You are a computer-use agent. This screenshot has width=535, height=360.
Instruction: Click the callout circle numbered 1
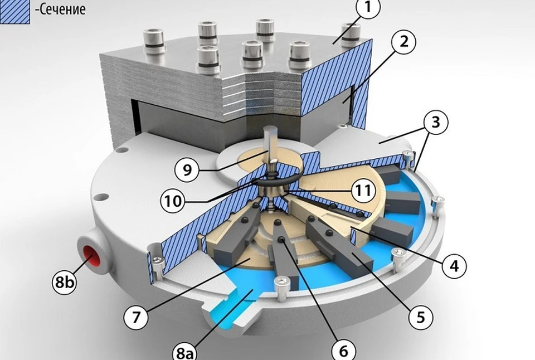point(367,7)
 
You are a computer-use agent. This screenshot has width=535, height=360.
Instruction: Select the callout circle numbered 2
point(403,42)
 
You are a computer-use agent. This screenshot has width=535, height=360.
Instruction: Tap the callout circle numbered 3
point(436,122)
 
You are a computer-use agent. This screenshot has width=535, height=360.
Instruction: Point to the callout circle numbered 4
point(455,265)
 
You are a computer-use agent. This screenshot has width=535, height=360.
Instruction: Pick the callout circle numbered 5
point(421,317)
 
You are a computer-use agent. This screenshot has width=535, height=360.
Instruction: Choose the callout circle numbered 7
point(136,317)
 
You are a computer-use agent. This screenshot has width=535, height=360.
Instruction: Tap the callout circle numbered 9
point(187,169)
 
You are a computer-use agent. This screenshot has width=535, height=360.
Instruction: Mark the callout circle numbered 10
point(173,201)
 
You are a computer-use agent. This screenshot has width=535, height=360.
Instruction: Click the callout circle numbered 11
point(363,190)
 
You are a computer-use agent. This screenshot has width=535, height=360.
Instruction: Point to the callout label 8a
point(185,353)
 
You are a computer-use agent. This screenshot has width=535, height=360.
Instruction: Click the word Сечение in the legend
point(60,9)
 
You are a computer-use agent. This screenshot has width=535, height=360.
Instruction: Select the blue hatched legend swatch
point(14,12)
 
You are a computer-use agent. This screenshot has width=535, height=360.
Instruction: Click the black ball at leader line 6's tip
point(281,240)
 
